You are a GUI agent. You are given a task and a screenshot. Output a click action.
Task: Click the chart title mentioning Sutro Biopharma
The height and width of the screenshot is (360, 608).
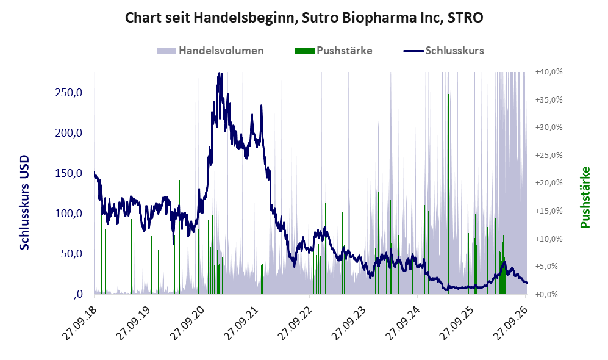coord(304,18)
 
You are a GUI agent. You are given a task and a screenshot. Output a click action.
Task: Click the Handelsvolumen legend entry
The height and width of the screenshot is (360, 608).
coord(210,51)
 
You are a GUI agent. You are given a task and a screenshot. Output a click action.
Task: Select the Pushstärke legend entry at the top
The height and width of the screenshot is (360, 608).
coord(334,51)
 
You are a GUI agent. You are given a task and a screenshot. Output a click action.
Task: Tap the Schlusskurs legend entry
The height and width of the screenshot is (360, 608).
coord(443,51)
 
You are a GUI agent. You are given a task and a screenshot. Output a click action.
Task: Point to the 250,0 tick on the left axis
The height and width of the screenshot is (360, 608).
coord(69,93)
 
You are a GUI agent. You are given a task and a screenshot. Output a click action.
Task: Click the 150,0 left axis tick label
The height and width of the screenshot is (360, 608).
coord(69,173)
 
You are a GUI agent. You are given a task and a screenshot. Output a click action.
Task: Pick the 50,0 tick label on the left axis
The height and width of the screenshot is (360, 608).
coord(72,254)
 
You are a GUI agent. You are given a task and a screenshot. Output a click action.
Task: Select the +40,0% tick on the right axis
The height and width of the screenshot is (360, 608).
coord(549,72)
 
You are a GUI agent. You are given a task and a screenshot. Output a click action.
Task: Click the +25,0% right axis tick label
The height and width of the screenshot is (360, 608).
coord(549,155)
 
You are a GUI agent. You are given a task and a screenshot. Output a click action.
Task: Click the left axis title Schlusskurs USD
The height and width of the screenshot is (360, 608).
coord(24,203)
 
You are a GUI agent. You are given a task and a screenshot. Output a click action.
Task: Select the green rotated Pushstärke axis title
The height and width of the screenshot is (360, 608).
coord(585,197)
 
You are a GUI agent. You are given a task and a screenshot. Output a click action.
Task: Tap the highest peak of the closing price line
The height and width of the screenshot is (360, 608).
coord(220,74)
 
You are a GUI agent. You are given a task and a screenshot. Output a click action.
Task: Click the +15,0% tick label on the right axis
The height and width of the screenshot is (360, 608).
coord(549,211)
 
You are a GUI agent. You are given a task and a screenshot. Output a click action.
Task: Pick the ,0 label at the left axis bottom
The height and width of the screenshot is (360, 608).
coord(77,294)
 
